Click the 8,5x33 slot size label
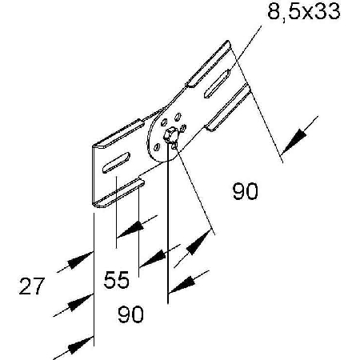pos(304,12)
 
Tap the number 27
pos(31,286)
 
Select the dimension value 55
pos(117,280)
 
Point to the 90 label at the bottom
pos(130,314)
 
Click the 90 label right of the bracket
pos(246,191)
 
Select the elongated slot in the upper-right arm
pos(217,83)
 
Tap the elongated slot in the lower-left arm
pos(116,162)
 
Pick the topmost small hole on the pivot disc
pos(178,117)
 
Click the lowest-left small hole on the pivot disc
pos(157,147)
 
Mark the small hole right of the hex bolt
pos(183,128)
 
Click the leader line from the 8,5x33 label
pos(246,48)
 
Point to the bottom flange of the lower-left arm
pos(118,194)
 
